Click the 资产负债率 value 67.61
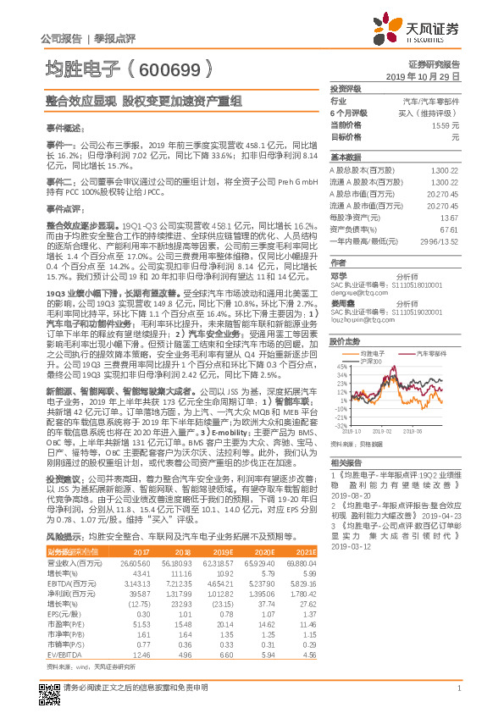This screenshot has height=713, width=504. (x=449, y=229)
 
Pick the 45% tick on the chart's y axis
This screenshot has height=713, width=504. (x=341, y=368)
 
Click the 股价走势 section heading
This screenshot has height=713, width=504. (x=346, y=342)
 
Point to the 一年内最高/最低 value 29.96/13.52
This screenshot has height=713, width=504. (x=442, y=240)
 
